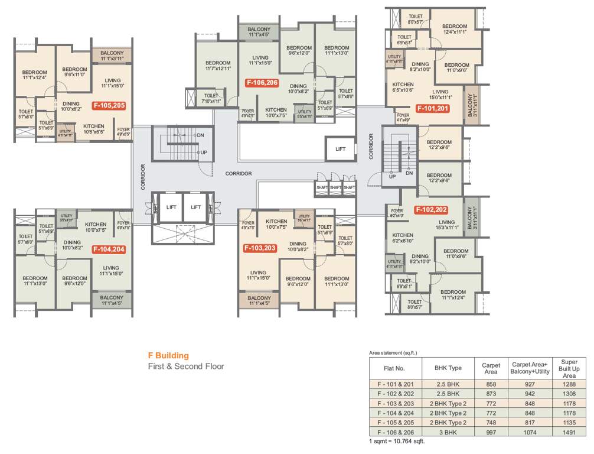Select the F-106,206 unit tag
[261, 83]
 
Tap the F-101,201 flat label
[433, 108]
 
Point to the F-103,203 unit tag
[260, 248]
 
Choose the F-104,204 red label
[109, 249]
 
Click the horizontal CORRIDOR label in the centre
[239, 173]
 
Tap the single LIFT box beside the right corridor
[341, 149]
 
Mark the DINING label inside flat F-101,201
[420, 67]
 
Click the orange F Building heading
[168, 355]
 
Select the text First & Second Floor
[186, 367]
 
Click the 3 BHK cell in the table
[448, 432]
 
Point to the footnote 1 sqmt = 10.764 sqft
[397, 441]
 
